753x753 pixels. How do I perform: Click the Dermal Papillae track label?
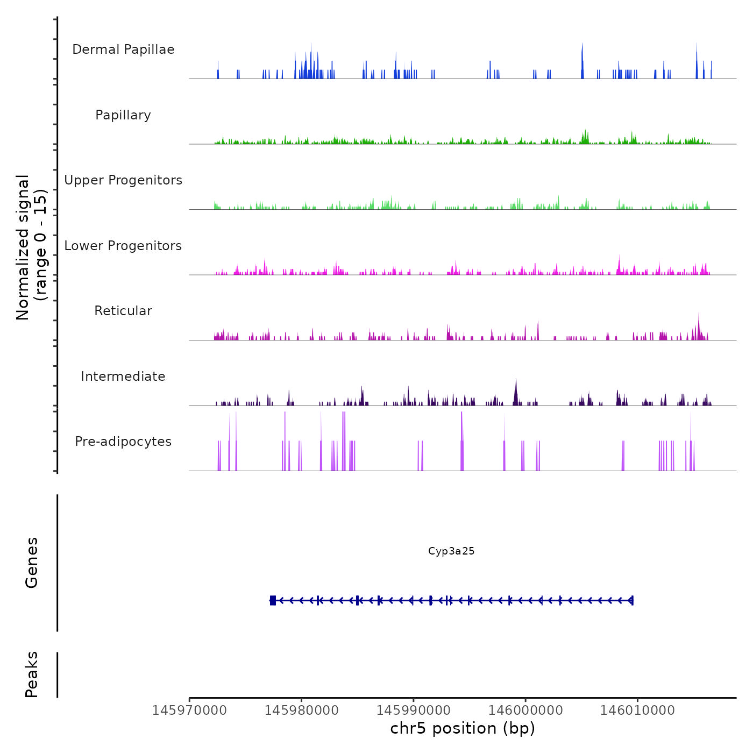(123, 49)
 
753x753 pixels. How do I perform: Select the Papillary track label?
(123, 115)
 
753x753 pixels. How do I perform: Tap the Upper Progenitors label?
(123, 180)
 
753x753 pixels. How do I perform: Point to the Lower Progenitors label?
(123, 246)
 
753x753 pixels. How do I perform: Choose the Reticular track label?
(123, 311)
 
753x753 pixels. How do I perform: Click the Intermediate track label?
(123, 376)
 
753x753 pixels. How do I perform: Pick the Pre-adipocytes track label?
(123, 442)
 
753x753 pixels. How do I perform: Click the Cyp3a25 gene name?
(451, 551)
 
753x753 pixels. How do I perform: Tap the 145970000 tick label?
(189, 711)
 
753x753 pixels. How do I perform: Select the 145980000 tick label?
(301, 711)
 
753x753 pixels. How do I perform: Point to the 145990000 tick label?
(414, 711)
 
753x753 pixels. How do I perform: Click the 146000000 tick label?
(525, 711)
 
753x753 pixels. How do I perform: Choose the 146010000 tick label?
(637, 711)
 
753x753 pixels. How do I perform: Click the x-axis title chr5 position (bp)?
(463, 729)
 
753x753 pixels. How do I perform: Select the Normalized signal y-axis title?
(31, 247)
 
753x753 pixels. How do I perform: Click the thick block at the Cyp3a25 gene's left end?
(273, 600)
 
